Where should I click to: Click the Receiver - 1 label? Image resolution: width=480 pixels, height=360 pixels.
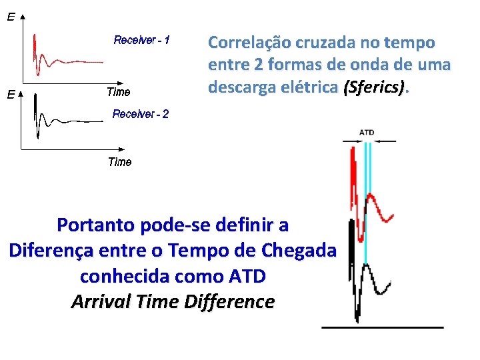[142, 41]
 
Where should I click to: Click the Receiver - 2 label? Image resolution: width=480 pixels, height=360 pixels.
[141, 114]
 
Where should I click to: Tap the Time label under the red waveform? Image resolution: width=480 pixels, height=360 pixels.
[119, 92]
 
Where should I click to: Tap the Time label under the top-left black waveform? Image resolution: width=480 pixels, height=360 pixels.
[120, 162]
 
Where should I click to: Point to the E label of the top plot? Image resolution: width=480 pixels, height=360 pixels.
[11, 18]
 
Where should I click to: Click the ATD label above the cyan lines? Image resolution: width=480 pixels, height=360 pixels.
[367, 132]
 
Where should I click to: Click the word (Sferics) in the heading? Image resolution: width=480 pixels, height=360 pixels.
[374, 87]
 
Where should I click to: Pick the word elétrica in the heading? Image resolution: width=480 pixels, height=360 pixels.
[307, 87]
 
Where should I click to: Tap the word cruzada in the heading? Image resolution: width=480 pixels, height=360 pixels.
[322, 43]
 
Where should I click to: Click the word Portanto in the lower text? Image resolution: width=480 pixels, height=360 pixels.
[99, 225]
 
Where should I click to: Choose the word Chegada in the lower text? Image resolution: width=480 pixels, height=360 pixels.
[298, 251]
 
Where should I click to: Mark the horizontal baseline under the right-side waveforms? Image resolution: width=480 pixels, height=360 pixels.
[383, 327]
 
